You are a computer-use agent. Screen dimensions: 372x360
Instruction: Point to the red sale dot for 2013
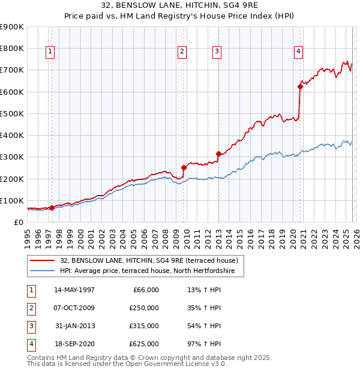[x=218, y=154]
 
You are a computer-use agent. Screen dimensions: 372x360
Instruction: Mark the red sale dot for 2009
[x=184, y=168]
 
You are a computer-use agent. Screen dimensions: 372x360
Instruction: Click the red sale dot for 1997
[x=52, y=208]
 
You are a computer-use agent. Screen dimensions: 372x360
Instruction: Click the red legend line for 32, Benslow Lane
[x=43, y=260]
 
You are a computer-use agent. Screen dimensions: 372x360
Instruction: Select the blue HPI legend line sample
[x=43, y=271]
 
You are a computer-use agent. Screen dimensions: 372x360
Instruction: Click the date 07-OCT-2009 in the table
[x=74, y=308]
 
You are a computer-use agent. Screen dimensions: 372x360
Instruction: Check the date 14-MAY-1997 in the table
[x=74, y=290]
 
